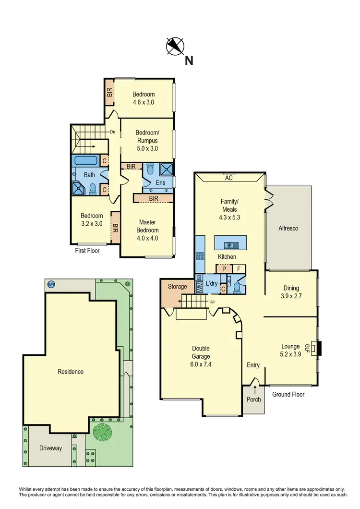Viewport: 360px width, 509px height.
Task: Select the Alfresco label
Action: pyautogui.click(x=288, y=229)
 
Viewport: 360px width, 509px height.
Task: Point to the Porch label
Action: pyautogui.click(x=253, y=400)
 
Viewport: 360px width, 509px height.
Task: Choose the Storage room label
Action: pyautogui.click(x=177, y=287)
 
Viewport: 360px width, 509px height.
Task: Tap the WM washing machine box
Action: pyautogui.click(x=199, y=287)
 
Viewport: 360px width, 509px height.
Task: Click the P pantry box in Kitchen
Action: pyautogui.click(x=224, y=269)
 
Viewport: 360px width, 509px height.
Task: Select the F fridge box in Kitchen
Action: pyautogui.click(x=239, y=269)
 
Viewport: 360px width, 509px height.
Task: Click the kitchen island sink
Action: pyautogui.click(x=230, y=245)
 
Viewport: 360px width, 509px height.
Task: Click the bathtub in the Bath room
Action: pyautogui.click(x=87, y=160)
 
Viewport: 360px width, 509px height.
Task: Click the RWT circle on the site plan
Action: pyautogui.click(x=51, y=284)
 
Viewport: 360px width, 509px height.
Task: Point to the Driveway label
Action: pyautogui.click(x=51, y=448)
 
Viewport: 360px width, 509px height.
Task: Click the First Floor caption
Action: pyautogui.click(x=87, y=250)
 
